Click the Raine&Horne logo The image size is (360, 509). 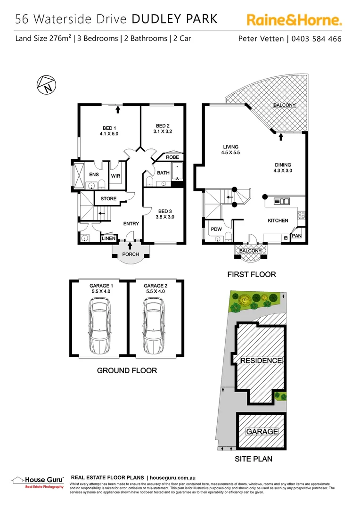coord(294,20)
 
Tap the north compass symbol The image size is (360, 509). coord(46,85)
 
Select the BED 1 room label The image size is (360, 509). coord(109,128)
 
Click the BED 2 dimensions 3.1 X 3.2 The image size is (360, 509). coord(163,131)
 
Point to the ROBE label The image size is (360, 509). coord(172,157)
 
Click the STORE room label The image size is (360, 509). coord(108,199)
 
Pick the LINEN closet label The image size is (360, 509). coord(109,239)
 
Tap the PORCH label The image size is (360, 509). coord(131,254)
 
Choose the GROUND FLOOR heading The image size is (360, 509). coord(127,370)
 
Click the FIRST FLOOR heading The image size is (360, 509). coord(252,274)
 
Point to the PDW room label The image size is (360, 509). coord(215,229)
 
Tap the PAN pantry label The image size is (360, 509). coord(297,236)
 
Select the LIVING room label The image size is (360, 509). coord(230,147)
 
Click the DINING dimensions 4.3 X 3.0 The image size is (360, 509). coord(283,171)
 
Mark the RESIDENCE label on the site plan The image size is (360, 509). coord(261,361)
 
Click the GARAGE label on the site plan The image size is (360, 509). coord(262,431)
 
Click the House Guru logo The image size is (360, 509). coord(37,482)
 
